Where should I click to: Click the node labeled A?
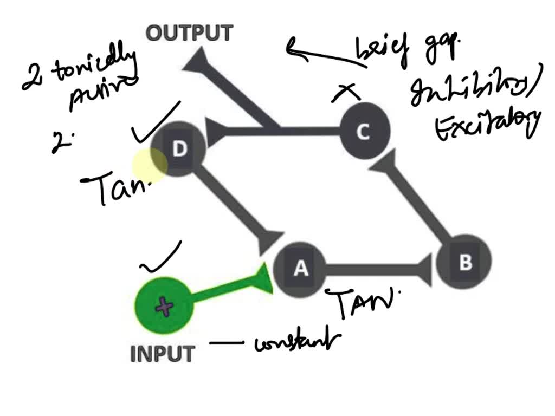300,268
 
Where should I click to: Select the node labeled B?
465,263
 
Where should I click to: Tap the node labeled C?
364,132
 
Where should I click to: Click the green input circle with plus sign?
164,307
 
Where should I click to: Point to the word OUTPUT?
190,34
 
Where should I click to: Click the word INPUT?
163,354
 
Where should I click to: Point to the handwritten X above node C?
346,94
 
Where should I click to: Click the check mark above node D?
154,119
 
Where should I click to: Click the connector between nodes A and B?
374,269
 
